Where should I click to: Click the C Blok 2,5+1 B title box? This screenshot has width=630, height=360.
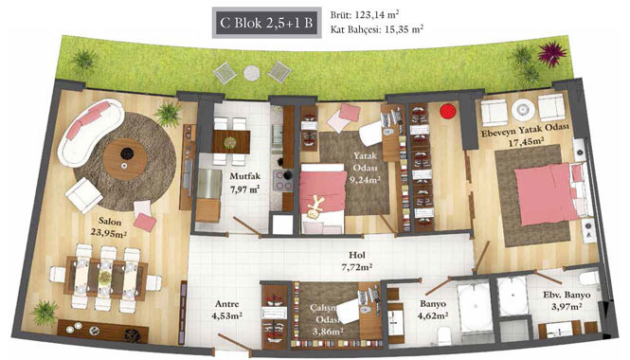267,23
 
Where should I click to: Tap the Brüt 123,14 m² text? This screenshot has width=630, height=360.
365,15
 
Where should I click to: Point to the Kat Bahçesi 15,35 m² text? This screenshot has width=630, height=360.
376,29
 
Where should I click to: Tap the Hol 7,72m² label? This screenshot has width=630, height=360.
357,261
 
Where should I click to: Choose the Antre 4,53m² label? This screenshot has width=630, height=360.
227,310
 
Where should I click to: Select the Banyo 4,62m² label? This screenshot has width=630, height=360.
433,310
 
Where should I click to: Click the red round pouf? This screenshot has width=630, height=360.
448,111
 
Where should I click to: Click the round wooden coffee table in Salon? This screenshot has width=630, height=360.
125,159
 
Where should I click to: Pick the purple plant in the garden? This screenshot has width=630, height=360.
552,52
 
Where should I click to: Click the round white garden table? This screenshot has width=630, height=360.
252,73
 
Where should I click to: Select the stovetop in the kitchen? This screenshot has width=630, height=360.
283,180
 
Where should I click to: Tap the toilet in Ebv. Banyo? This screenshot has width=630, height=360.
590,278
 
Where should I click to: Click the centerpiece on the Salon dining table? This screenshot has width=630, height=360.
105,277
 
